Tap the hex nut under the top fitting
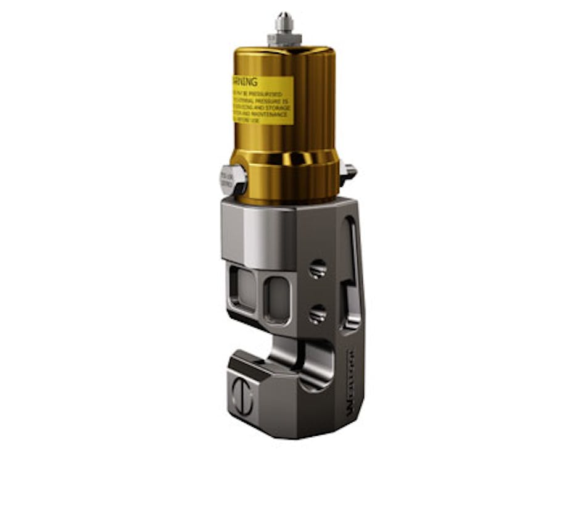[284, 40]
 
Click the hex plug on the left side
[233, 180]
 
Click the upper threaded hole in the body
[317, 269]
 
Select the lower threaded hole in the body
[317, 314]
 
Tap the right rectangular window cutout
[278, 299]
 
